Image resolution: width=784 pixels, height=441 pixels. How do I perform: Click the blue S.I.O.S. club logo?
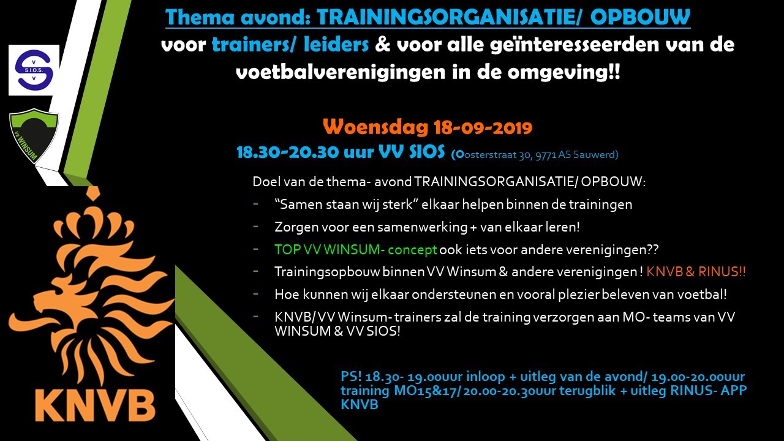point(34,70)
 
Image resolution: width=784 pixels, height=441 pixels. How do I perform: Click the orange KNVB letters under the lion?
point(95,405)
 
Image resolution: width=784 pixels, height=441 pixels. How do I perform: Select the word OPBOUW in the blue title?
point(640,17)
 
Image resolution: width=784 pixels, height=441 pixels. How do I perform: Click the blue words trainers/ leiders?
point(290,45)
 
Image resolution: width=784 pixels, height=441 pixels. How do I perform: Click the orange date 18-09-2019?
point(483,127)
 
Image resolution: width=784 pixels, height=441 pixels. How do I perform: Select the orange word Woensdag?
point(375,127)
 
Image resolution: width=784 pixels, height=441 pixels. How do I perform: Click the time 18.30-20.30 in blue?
point(288,153)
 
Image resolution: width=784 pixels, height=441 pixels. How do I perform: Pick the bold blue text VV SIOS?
point(412,151)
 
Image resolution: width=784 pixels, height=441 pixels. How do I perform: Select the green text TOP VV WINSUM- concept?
point(356,250)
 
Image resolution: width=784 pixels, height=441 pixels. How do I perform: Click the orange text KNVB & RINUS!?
point(696,272)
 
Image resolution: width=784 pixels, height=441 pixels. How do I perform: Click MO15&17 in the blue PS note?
point(425,391)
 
